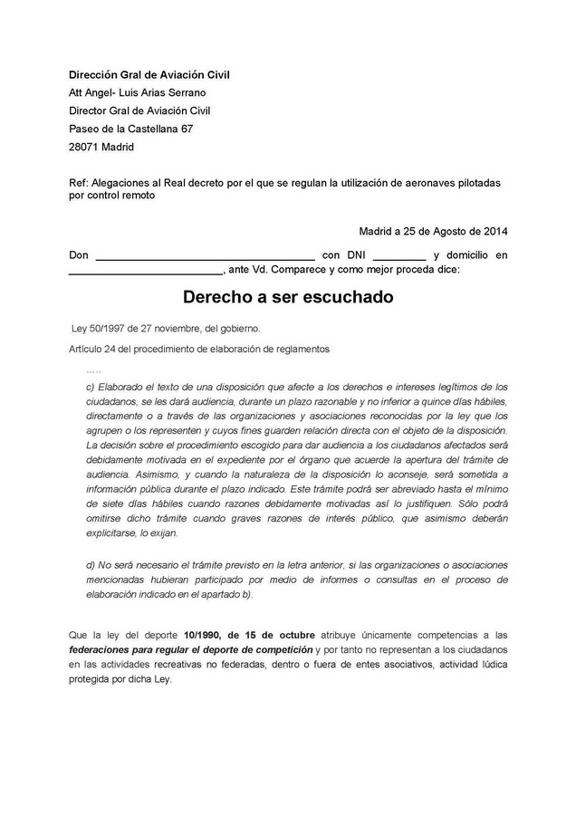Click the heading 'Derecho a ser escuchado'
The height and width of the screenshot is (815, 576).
[x=288, y=297]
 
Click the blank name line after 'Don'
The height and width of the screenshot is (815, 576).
[x=205, y=257]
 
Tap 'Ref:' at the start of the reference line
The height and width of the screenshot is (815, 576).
[x=78, y=183]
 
